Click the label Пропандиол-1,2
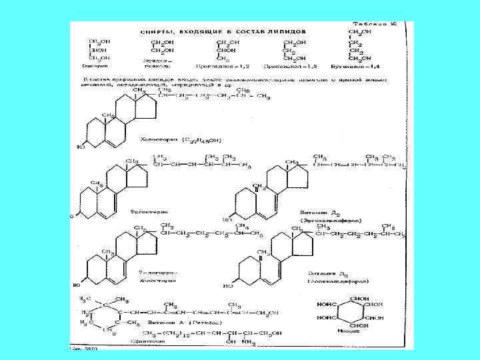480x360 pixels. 213,67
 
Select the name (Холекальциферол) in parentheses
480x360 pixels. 331,282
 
